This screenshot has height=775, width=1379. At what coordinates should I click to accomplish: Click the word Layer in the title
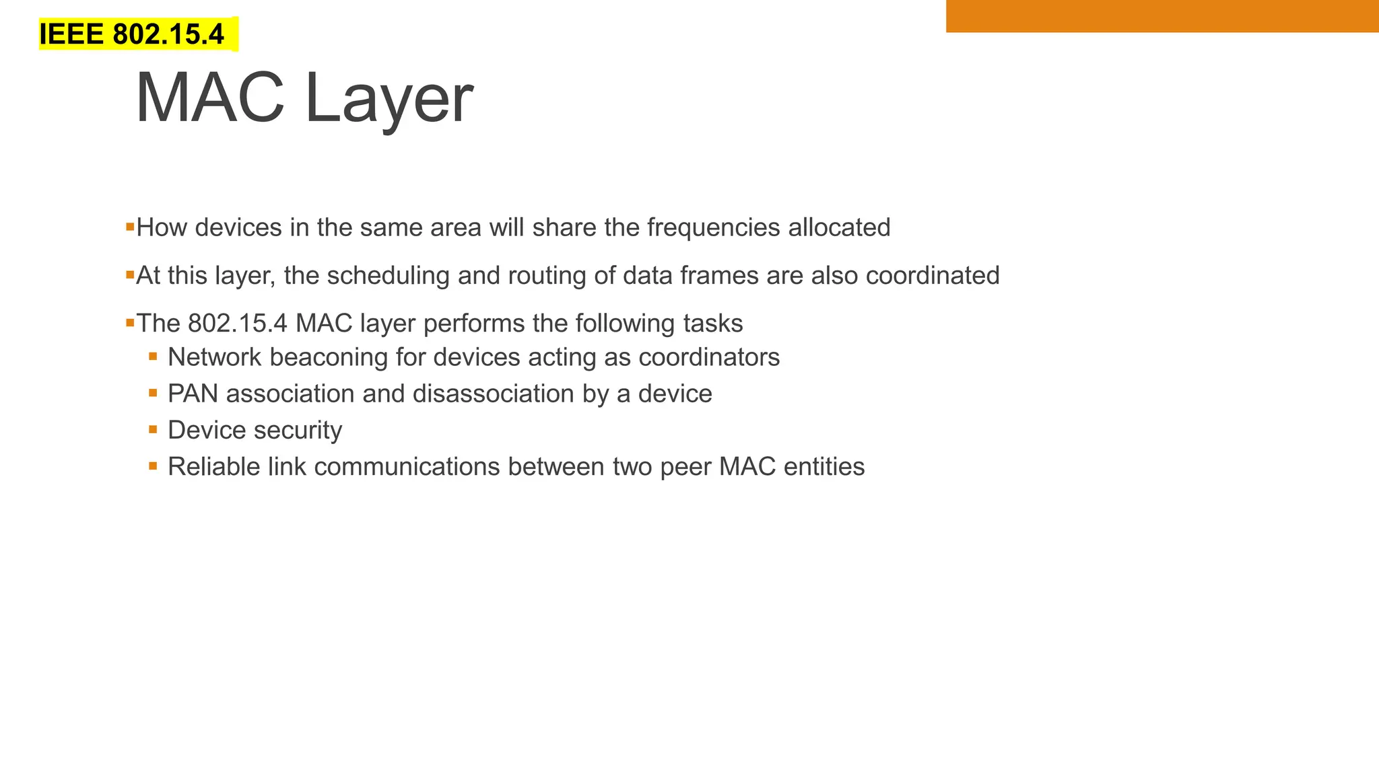point(389,100)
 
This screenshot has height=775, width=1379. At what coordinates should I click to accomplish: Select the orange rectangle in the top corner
point(1162,15)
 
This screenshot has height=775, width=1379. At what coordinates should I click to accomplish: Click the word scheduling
point(388,276)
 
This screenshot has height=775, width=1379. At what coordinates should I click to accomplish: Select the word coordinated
point(933,276)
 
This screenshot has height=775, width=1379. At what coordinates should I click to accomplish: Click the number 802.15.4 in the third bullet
point(238,324)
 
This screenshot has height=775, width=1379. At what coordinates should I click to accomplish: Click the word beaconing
point(329,357)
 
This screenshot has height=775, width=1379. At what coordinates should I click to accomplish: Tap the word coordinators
point(708,357)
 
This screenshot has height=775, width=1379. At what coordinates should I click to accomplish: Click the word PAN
point(193,394)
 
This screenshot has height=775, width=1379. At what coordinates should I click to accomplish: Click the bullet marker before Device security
point(154,429)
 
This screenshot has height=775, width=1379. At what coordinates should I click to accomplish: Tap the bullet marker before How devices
point(130,227)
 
